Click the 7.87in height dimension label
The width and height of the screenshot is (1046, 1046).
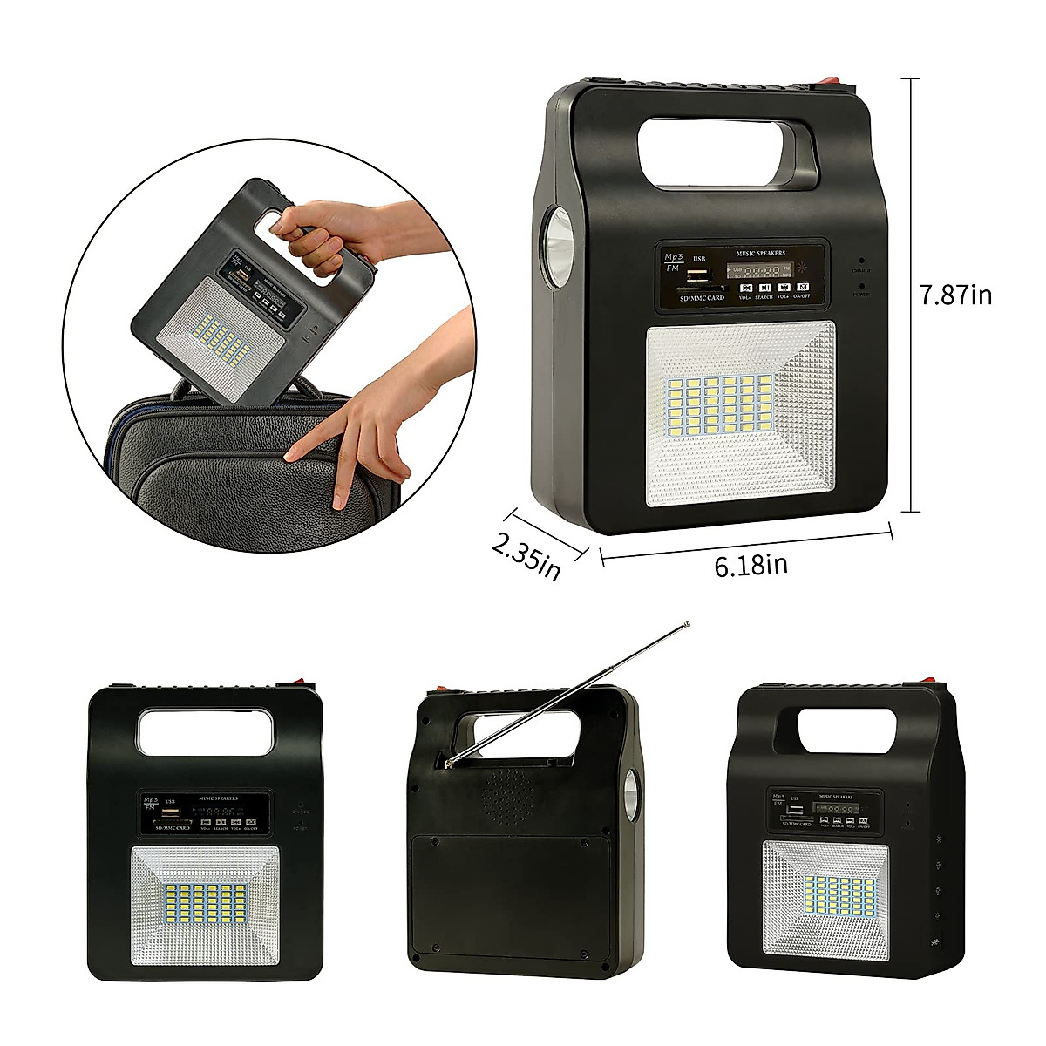pyautogui.click(x=956, y=295)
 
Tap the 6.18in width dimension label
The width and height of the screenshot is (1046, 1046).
pyautogui.click(x=751, y=565)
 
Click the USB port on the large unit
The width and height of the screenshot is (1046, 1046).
pyautogui.click(x=696, y=276)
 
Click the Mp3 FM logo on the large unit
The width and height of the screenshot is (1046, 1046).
pyautogui.click(x=673, y=262)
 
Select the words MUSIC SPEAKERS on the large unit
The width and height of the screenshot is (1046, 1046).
pyautogui.click(x=760, y=254)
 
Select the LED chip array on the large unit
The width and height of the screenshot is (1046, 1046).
pyautogui.click(x=720, y=405)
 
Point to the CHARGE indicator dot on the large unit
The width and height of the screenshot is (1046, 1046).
pyautogui.click(x=860, y=260)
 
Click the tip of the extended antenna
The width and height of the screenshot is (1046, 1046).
pyautogui.click(x=687, y=624)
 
